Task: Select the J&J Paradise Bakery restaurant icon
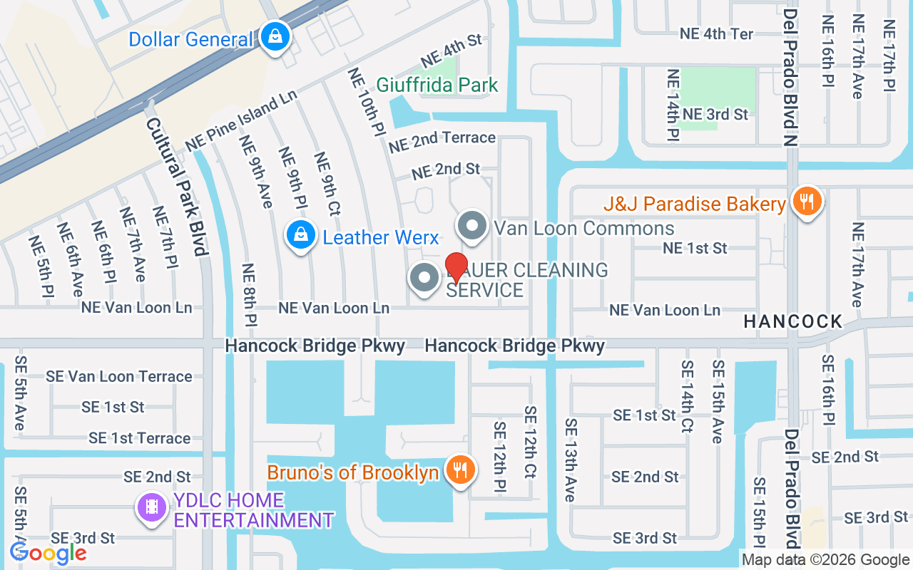pos(807,202)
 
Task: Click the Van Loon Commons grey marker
pos(471,227)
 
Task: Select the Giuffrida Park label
pos(437,85)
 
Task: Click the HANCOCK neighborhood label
pos(792,321)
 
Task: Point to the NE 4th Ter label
pos(716,33)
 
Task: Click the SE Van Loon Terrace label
pos(119,376)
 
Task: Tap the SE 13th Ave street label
pos(570,460)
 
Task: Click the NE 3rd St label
pos(715,114)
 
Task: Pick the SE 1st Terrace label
pos(140,437)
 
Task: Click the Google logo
pos(48,552)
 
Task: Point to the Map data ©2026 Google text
pos(825,560)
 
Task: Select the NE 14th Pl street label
pos(672,105)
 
